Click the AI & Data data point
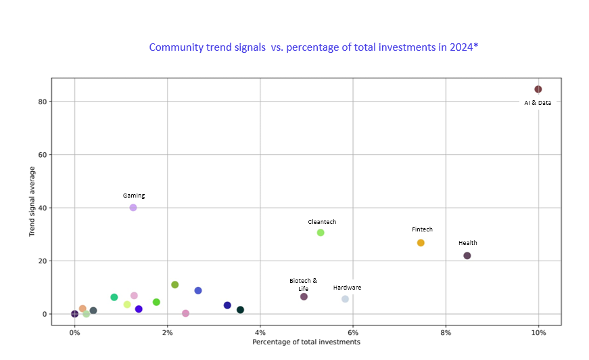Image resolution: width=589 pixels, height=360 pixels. pyautogui.click(x=538, y=89)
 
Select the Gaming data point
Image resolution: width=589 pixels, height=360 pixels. pyautogui.click(x=133, y=208)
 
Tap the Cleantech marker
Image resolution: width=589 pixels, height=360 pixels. pyautogui.click(x=321, y=233)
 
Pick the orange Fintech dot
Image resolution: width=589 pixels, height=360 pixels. pyautogui.click(x=421, y=243)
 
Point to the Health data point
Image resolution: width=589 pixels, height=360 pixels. pyautogui.click(x=467, y=256)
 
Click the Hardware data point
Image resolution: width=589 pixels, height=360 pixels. pyautogui.click(x=345, y=299)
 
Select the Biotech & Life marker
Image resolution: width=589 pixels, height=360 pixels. pyautogui.click(x=304, y=296)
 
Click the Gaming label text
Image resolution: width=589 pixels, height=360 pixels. pyautogui.click(x=134, y=196)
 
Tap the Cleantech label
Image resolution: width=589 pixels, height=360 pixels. pyautogui.click(x=322, y=222)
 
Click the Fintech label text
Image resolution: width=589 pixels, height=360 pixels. pyautogui.click(x=422, y=229)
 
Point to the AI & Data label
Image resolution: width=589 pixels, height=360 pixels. pyautogui.click(x=538, y=103)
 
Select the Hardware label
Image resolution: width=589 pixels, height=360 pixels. pyautogui.click(x=347, y=288)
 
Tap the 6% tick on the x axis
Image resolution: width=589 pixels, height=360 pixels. pyautogui.click(x=353, y=332)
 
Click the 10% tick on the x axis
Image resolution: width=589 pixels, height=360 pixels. pyautogui.click(x=538, y=332)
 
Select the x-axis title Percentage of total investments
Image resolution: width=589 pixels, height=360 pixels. pyautogui.click(x=306, y=342)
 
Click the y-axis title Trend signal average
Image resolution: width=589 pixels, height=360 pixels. pyautogui.click(x=32, y=202)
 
